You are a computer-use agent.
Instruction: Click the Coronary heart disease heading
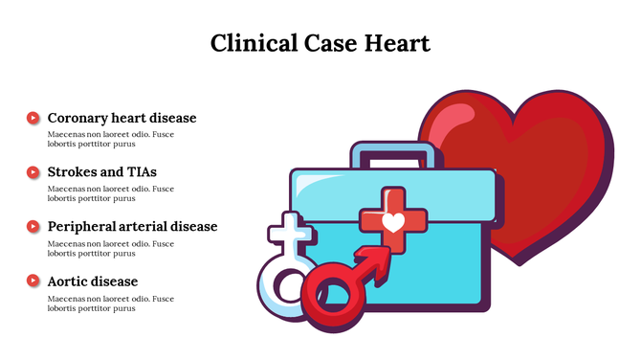[x=122, y=118]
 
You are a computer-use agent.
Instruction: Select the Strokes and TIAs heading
[x=101, y=172]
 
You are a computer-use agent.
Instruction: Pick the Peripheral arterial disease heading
[x=132, y=227]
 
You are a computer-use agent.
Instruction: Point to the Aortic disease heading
[x=93, y=281]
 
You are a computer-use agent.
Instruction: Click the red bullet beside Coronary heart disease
[x=33, y=118]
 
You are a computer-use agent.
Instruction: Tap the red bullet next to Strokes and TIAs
[x=33, y=172]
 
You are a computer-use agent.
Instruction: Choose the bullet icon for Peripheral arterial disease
[x=33, y=227]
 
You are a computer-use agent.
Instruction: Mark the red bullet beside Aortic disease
[x=33, y=281]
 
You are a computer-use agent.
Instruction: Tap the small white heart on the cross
[x=393, y=222]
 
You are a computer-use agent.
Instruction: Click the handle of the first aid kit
[x=395, y=150]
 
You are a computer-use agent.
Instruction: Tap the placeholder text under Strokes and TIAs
[x=111, y=193]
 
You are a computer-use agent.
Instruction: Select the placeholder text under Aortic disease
[x=111, y=303]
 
